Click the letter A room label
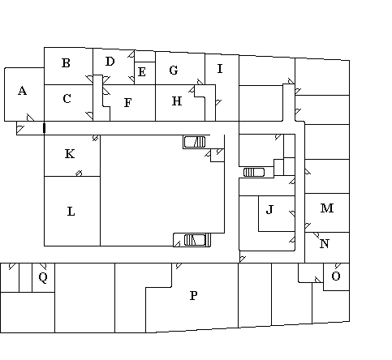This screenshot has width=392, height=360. tap(23, 91)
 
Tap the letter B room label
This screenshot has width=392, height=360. tap(66, 63)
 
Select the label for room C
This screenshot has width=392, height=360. tap(67, 99)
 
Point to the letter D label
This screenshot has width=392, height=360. tap(110, 62)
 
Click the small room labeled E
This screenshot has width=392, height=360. tap(142, 72)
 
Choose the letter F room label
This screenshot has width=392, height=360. tap(127, 103)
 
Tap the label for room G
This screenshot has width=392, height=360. tap(174, 71)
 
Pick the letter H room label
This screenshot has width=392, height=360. tap(177, 101)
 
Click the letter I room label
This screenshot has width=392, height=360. tap(220, 69)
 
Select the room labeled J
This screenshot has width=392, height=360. tap(269, 209)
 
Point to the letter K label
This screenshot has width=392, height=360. tap(70, 154)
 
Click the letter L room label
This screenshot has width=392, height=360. tap(71, 212)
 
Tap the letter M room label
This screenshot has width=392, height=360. tap(327, 208)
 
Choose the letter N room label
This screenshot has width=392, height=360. tap(325, 244)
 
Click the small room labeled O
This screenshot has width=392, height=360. tap(336, 276)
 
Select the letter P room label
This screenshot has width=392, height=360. tap(193, 296)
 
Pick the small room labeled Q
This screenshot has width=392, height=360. tap(43, 277)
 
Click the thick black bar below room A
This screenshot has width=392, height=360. tap(45, 128)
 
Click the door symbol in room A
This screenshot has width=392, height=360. tap(30, 118)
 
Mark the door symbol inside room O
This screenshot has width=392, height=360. tap(338, 266)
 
